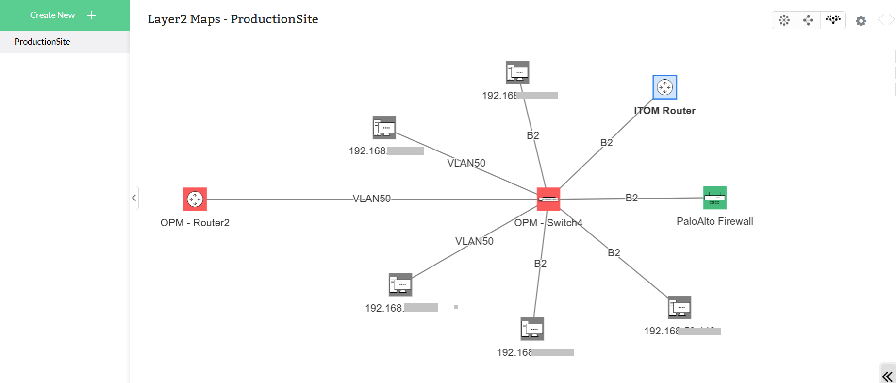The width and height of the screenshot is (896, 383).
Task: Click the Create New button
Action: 63,15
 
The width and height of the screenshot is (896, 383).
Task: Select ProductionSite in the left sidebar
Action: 42,42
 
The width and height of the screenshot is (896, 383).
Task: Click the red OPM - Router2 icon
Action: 195,199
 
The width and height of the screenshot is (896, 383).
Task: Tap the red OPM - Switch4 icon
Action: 548,199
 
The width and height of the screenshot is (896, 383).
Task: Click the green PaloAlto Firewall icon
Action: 715,198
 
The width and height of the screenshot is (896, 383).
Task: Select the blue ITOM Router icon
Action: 664,87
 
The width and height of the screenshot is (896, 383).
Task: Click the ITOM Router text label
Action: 664,111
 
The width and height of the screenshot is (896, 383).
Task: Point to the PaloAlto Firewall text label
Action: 714,221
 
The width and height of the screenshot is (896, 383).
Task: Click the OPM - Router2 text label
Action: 195,223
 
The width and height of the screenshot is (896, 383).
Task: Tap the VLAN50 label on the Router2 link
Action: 371,199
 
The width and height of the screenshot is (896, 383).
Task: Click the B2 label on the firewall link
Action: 631,198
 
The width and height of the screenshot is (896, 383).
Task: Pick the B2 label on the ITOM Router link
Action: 606,143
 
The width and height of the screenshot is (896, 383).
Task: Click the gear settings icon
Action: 861,21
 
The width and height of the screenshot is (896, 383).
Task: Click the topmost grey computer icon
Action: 517,72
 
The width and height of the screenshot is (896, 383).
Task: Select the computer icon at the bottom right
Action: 679,307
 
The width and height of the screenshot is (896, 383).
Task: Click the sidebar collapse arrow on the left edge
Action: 134,198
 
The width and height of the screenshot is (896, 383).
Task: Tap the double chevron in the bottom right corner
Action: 887,376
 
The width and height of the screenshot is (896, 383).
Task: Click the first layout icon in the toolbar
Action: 784,20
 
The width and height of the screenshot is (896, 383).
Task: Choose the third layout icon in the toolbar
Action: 833,20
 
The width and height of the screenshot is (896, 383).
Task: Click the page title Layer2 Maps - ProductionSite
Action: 233,19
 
